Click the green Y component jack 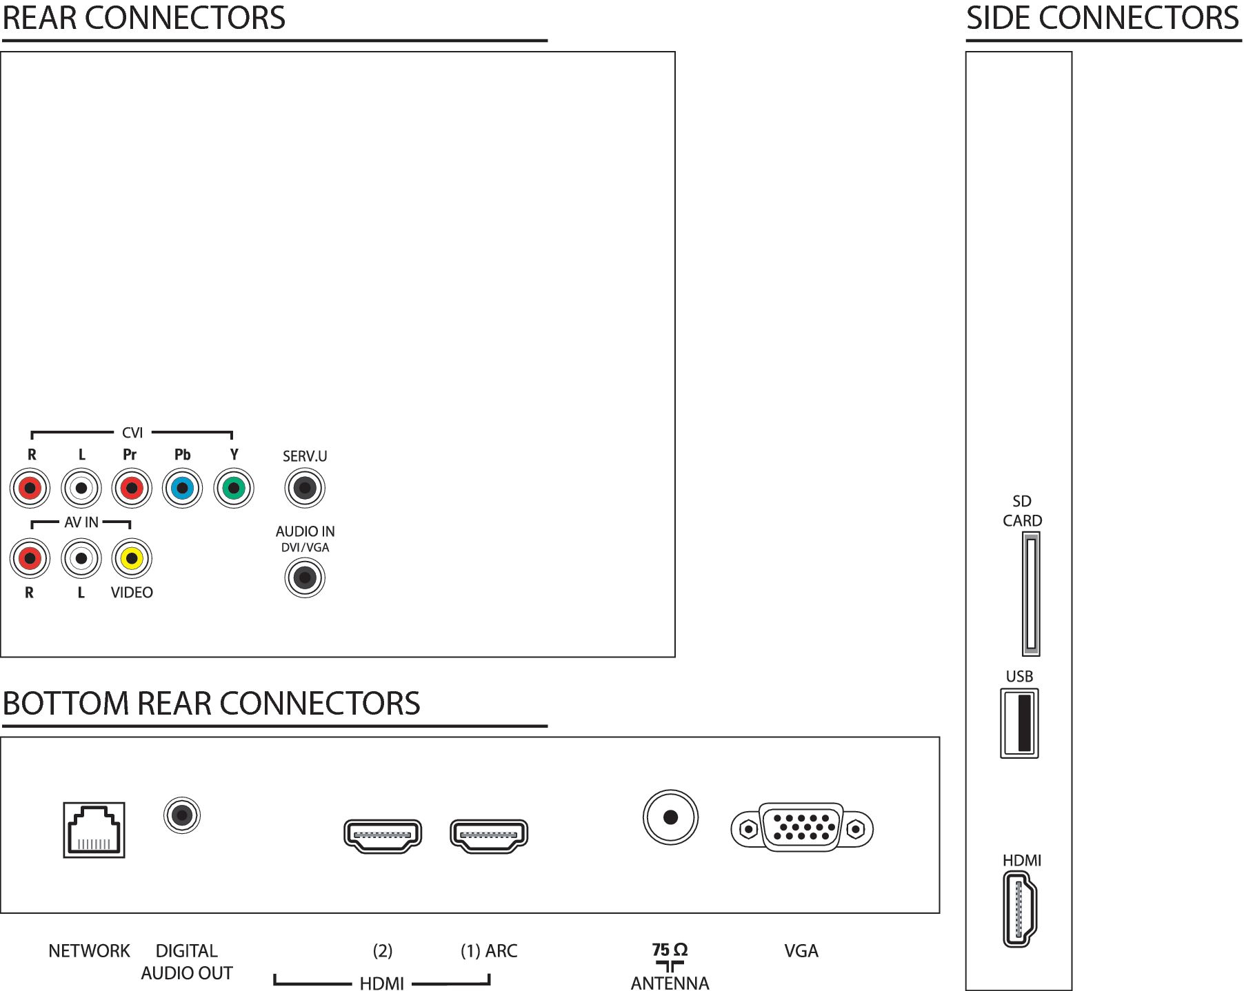234,488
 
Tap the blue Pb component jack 182,488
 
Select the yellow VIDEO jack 131,558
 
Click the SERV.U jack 304,488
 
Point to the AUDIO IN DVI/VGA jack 304,578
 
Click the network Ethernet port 94,830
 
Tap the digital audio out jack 182,815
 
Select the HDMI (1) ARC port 489,836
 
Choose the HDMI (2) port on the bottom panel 383,836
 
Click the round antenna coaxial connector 670,817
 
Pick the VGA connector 802,828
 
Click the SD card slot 1031,594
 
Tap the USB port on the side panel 1020,724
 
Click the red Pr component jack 131,488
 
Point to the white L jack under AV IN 81,558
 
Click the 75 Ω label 670,950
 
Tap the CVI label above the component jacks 132,433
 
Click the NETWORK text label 89,951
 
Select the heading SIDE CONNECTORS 1103,18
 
